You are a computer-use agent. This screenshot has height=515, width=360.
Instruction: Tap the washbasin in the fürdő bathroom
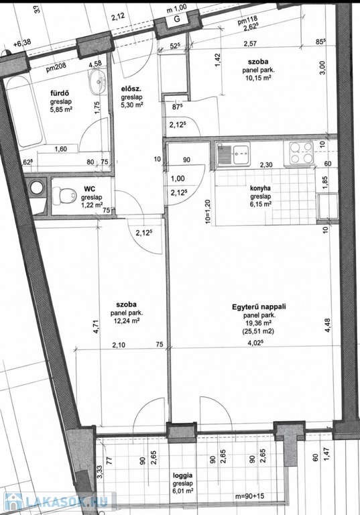(x=97, y=80)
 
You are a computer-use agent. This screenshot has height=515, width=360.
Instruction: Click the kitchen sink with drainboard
(x=233, y=154)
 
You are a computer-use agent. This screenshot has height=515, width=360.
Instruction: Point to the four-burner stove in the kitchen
(x=300, y=153)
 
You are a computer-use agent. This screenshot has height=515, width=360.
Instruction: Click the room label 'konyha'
(x=260, y=188)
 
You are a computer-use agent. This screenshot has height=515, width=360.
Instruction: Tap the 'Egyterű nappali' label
(x=259, y=307)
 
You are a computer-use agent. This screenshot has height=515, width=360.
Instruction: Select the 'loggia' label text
(x=182, y=475)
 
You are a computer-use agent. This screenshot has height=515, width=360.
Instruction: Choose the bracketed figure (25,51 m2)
(x=258, y=331)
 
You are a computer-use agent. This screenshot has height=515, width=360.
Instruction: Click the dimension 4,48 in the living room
(x=327, y=326)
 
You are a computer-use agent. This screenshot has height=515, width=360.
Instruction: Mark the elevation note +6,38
(x=22, y=42)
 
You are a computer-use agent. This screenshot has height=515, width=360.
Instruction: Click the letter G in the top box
(x=177, y=19)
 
